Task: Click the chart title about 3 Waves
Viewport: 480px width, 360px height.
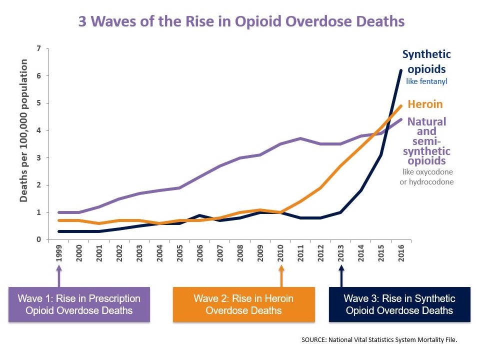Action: click(241, 22)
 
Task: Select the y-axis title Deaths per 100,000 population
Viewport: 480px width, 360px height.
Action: click(23, 130)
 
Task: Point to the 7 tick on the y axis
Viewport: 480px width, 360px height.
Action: click(39, 48)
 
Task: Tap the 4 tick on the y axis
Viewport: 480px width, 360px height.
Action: click(39, 130)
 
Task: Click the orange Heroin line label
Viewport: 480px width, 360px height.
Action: click(425, 104)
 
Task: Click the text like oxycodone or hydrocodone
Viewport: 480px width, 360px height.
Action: click(426, 177)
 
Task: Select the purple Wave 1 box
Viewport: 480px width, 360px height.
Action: click(79, 304)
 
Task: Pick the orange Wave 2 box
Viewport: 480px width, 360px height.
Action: click(243, 304)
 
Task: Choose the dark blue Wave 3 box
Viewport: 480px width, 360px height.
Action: click(399, 304)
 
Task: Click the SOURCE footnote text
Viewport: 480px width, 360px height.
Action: click(379, 339)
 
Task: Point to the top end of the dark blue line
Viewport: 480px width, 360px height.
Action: click(401, 70)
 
